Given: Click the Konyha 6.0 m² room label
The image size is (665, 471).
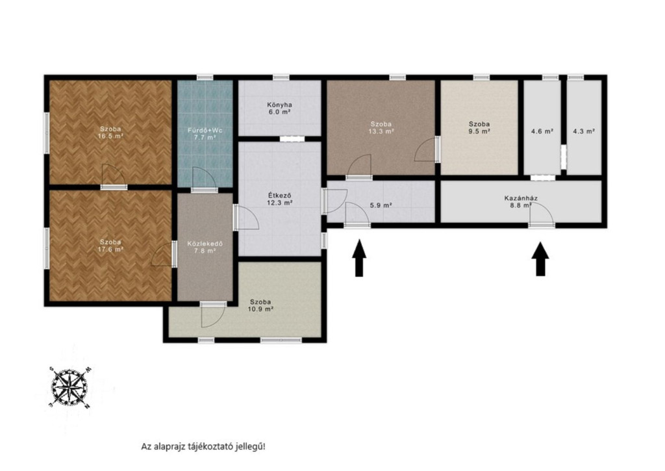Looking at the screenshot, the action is click(279, 108).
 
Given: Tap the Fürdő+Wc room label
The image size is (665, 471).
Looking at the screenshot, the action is click(205, 134).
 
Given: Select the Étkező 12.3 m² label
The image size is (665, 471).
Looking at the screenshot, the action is click(279, 199).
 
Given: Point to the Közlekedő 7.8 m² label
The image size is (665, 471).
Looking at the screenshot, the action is click(205, 248).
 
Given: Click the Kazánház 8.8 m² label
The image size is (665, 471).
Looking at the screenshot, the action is click(521, 201).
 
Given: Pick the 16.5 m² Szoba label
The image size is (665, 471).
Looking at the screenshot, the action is click(110, 133).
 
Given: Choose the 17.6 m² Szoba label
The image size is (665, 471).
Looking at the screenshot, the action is click(110, 246).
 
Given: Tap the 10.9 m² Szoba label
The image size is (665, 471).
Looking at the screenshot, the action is click(260, 305).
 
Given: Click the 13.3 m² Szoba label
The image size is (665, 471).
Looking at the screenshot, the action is click(381, 127).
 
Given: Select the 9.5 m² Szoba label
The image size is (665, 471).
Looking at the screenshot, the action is click(479, 127).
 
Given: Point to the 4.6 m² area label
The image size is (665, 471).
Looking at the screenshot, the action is click(542, 131).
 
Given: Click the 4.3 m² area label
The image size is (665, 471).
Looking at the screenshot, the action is click(584, 131).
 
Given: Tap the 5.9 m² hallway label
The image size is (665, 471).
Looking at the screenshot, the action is click(381, 205).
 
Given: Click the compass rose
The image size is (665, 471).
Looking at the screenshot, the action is click(69, 387).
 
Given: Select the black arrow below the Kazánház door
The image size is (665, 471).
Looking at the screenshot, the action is click(540, 259).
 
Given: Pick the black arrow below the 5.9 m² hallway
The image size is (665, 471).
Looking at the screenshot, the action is click(359, 258).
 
